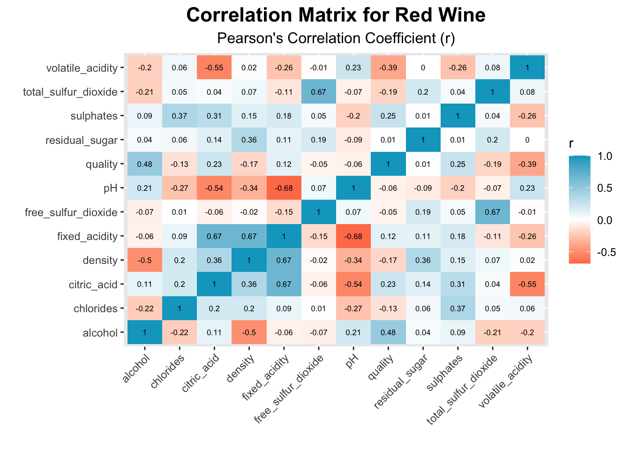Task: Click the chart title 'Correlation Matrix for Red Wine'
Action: pyautogui.click(x=336, y=15)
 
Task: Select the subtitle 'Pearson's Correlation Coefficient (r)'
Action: pyautogui.click(x=336, y=38)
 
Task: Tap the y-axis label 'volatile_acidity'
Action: pyautogui.click(x=82, y=68)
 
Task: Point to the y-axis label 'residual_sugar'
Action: pyautogui.click(x=82, y=140)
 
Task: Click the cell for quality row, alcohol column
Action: pyautogui.click(x=144, y=164)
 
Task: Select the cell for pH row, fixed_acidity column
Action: pyautogui.click(x=284, y=188)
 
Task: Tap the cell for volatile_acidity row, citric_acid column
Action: pyautogui.click(x=214, y=67)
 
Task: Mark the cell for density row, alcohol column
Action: pyautogui.click(x=144, y=261)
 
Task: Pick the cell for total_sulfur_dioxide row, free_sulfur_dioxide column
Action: pyautogui.click(x=318, y=92)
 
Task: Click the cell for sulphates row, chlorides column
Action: pyautogui.click(x=179, y=116)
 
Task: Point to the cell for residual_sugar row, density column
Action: pyautogui.click(x=249, y=140)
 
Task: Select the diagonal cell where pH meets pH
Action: pyautogui.click(x=353, y=188)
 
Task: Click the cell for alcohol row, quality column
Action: pyautogui.click(x=388, y=333)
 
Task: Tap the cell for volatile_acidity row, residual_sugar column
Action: pyautogui.click(x=423, y=67)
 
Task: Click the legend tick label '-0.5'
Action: pyautogui.click(x=607, y=252)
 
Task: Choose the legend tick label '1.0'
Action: pyautogui.click(x=605, y=156)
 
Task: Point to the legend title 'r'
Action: pyautogui.click(x=571, y=143)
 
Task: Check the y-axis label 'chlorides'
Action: pyautogui.click(x=95, y=309)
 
